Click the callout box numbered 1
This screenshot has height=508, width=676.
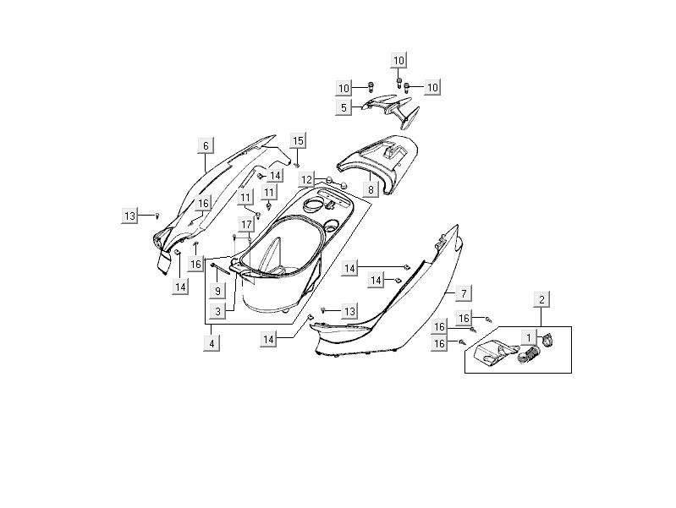coord(530,338)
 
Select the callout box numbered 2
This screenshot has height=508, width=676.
coord(541,298)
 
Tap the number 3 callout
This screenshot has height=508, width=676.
coord(217,312)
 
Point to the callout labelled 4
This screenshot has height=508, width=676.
coord(212,343)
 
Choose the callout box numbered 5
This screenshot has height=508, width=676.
coord(344,108)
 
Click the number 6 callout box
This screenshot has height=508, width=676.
coord(205,145)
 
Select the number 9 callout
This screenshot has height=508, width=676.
coord(217,291)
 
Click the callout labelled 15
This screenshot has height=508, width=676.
coord(298,139)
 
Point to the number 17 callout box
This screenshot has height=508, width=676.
coord(245,224)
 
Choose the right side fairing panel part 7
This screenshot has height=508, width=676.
coord(398,304)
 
